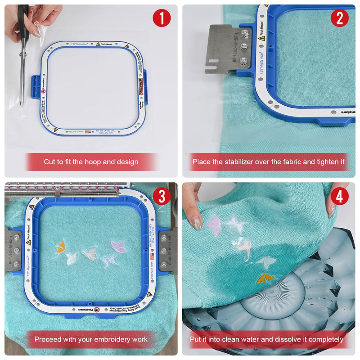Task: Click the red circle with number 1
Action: point(162,18)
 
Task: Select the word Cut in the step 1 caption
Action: point(50,162)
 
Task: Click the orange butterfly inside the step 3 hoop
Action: point(60,246)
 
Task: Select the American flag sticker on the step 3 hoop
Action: point(151,257)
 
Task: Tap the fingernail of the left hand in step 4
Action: point(197,223)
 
